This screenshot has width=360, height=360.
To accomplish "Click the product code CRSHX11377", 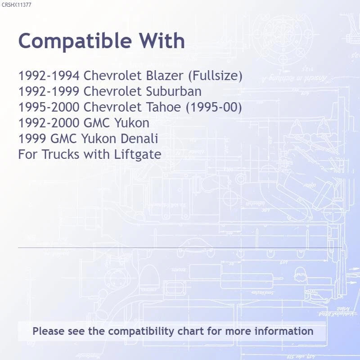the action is point(16,5).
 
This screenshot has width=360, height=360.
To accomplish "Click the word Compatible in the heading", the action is point(75,41).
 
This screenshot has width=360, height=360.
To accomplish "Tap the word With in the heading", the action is point(162,40).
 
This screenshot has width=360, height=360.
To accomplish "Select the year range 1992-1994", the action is point(49,76).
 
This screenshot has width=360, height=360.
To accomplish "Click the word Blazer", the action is point(165,76).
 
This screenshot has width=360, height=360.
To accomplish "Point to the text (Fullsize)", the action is point(215,76).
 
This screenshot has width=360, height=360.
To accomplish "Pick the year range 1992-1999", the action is point(49,91).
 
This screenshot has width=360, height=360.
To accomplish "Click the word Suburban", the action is point(174,91).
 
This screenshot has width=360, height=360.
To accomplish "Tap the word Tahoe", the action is point(163,107).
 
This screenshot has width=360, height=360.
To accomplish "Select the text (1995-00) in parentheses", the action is point(214,108).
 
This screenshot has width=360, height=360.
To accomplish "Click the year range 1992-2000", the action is point(49,123).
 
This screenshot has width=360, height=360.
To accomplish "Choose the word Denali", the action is point(139,139).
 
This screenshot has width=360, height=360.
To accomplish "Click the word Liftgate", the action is point(138,155).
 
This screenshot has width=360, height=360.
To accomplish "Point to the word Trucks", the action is point(61,154).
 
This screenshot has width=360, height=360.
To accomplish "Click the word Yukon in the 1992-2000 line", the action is point(132,123).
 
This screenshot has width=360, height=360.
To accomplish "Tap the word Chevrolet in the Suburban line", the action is point(113,91).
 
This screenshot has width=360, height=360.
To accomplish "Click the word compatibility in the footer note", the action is point(141,332).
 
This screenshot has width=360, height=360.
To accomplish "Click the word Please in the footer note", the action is point(49,331).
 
